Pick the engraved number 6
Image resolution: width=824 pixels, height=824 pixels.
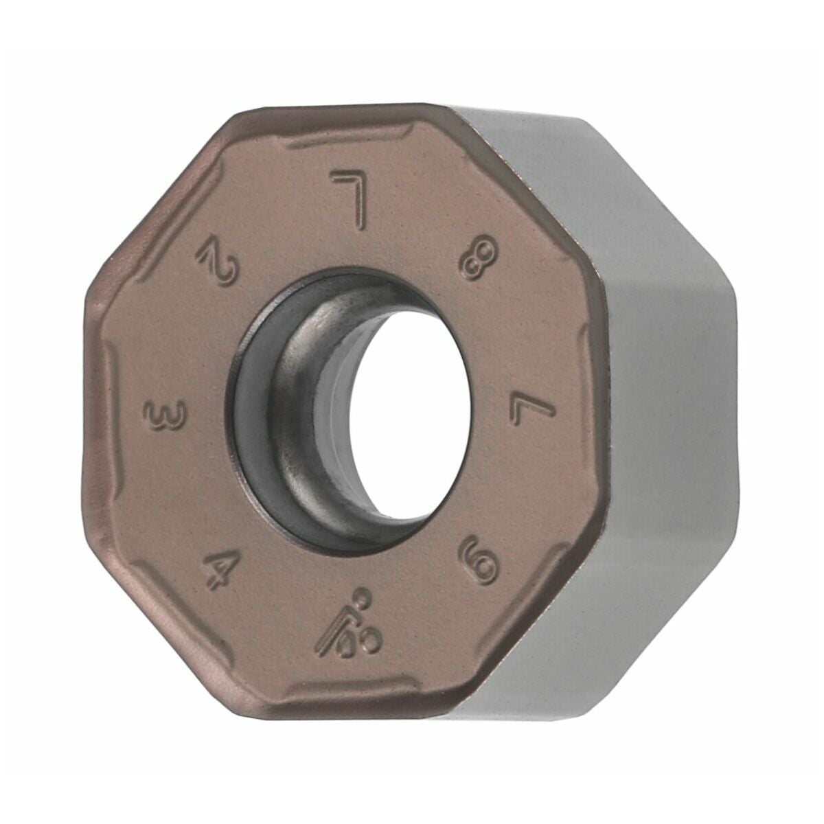coord(479,560)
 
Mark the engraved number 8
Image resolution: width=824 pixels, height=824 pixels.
coord(478,262)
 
